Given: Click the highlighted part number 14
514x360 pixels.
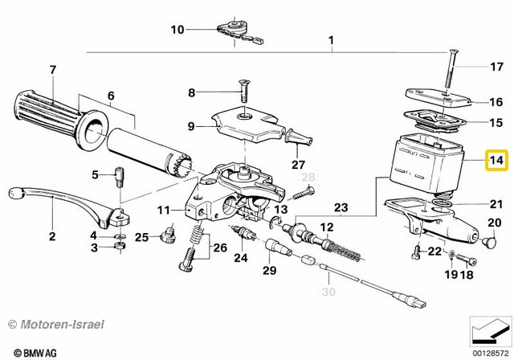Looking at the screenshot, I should pyautogui.click(x=496, y=162).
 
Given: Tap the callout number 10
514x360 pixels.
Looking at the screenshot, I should pyautogui.click(x=177, y=30).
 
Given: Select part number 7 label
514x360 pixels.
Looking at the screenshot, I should pyautogui.click(x=53, y=70).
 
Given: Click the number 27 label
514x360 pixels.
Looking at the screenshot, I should pyautogui.click(x=299, y=164).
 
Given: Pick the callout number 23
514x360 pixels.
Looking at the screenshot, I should pyautogui.click(x=341, y=209).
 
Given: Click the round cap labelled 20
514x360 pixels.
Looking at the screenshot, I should pyautogui.click(x=486, y=239).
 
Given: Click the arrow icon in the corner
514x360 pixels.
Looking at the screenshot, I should pyautogui.click(x=487, y=329).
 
